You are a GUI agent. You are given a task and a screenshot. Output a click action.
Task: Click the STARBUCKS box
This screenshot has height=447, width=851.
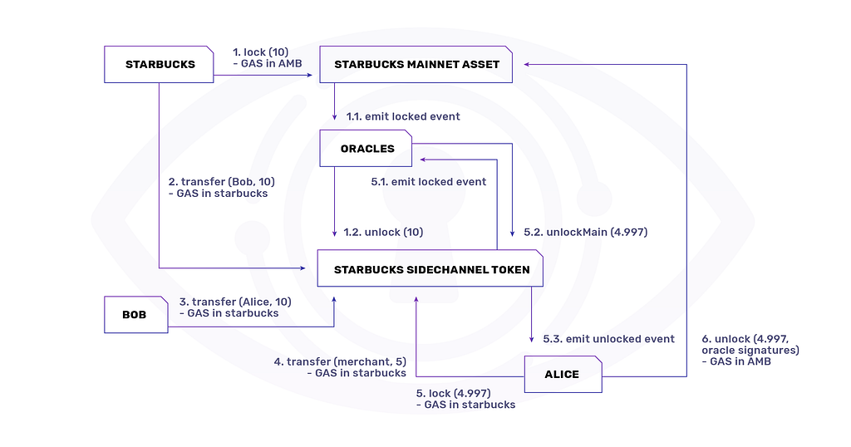point(159,64)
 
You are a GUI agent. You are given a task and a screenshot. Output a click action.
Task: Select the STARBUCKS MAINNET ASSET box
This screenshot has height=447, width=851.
point(416,64)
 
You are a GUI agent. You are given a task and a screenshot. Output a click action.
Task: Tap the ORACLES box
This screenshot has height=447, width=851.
point(366,149)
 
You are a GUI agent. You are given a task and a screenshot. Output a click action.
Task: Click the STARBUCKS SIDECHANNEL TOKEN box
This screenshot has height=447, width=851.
point(430,269)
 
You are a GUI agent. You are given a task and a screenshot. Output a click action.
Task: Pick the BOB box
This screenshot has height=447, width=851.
point(135,315)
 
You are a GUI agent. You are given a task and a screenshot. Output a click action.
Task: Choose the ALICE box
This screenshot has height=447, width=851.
point(562,374)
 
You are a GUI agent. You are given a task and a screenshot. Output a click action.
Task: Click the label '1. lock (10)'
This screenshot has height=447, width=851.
point(260,52)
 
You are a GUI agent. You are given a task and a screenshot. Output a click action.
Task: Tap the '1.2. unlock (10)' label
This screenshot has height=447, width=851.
point(383,232)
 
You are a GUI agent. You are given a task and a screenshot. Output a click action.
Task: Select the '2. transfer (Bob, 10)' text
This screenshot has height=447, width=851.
point(220,181)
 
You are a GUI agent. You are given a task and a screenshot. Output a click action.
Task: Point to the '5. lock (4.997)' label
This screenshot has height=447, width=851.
point(453,393)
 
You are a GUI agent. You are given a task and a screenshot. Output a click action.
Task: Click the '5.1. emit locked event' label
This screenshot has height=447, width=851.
point(429,181)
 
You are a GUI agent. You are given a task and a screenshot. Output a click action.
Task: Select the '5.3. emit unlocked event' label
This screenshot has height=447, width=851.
point(608,338)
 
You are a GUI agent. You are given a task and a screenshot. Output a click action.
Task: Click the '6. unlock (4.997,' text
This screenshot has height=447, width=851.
point(750,338)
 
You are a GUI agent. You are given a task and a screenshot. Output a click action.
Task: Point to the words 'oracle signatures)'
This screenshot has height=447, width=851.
point(750,350)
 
